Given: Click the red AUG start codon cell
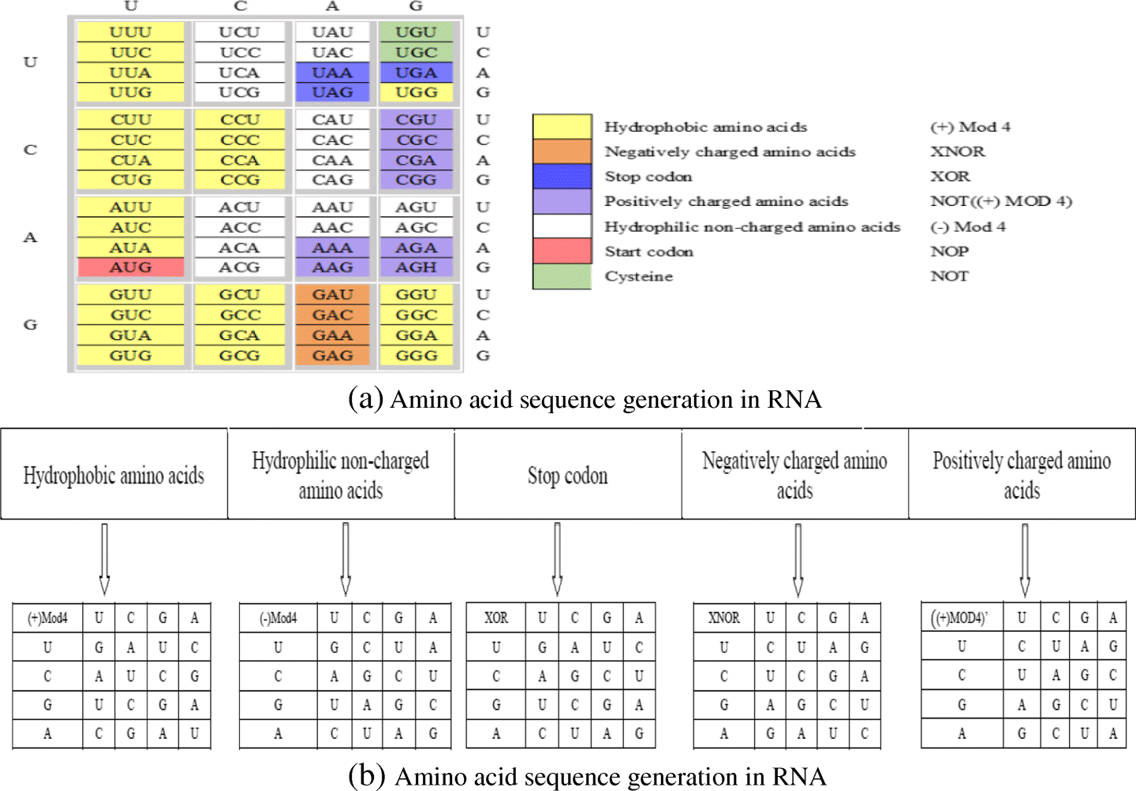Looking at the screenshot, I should pyautogui.click(x=131, y=267).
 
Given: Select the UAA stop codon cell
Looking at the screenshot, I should pyautogui.click(x=332, y=73).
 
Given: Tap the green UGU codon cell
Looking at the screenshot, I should pyautogui.click(x=416, y=32).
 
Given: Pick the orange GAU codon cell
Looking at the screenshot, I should pyautogui.click(x=332, y=295).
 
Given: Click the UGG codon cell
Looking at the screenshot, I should pyautogui.click(x=416, y=92).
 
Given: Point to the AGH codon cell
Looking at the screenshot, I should pyautogui.click(x=416, y=267).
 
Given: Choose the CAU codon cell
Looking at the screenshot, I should pyautogui.click(x=332, y=120).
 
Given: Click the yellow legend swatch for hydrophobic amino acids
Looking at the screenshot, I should pyautogui.click(x=562, y=127).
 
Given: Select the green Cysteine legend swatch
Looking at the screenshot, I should pyautogui.click(x=562, y=277).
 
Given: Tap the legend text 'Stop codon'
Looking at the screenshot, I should pyautogui.click(x=648, y=177).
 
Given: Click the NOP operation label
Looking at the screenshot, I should pyautogui.click(x=949, y=252).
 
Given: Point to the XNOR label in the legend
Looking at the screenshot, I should pyautogui.click(x=957, y=151).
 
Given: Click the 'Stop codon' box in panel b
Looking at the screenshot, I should pyautogui.click(x=568, y=475).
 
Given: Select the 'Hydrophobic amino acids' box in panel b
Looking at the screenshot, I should pyautogui.click(x=114, y=475).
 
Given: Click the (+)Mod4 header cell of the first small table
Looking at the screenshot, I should pyautogui.click(x=47, y=618).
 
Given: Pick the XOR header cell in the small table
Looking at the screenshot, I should pyautogui.click(x=496, y=618).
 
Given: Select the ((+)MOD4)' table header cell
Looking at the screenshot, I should pyautogui.click(x=961, y=618).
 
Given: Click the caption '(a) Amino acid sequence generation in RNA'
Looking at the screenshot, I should pyautogui.click(x=585, y=399).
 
